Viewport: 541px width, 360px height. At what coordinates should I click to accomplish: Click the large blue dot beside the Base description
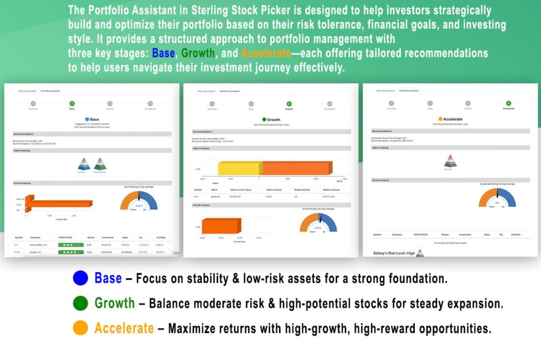[x=80, y=278]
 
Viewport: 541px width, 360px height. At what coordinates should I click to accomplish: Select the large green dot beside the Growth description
[x=80, y=304]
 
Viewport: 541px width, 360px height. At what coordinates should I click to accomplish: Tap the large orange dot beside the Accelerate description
[x=80, y=328]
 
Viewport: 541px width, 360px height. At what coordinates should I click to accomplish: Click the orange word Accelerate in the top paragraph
[x=266, y=54]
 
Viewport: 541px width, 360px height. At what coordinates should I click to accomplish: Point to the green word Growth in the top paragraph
[x=198, y=54]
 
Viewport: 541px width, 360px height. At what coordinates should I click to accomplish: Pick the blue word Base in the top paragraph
[x=164, y=54]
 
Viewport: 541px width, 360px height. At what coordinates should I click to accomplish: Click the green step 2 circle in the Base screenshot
[x=72, y=104]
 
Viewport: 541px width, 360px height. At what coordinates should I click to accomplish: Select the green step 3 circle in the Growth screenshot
[x=289, y=104]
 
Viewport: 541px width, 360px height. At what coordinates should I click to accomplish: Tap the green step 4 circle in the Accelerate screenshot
[x=508, y=103]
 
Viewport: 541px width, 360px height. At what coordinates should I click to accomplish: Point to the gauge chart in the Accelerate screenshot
[x=497, y=199]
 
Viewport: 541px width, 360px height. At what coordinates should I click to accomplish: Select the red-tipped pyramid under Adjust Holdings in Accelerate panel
[x=450, y=162]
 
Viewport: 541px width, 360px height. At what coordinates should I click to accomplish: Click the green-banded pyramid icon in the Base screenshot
[x=100, y=164]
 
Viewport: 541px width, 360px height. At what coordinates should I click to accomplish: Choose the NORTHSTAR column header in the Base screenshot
[x=66, y=238]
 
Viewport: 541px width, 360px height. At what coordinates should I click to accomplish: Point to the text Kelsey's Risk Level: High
[x=394, y=253]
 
